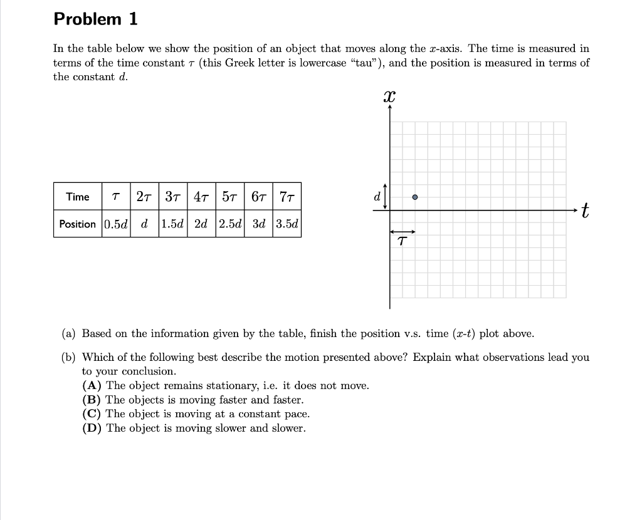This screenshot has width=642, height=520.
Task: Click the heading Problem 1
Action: (95, 19)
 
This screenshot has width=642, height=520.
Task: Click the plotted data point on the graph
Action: (415, 197)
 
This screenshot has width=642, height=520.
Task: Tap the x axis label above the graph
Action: (389, 96)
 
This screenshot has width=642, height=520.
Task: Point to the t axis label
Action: (584, 211)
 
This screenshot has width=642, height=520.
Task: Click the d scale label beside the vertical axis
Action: (376, 197)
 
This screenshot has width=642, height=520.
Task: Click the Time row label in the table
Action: (78, 197)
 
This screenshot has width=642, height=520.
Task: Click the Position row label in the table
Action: (78, 224)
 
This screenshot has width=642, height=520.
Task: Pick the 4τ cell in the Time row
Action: (201, 197)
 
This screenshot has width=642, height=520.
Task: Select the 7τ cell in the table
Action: (287, 197)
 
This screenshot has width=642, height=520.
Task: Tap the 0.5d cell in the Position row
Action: (116, 224)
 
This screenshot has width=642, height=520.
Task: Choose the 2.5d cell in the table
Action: (230, 224)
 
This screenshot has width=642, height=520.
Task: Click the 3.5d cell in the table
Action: (287, 224)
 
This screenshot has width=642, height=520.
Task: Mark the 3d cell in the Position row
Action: (258, 224)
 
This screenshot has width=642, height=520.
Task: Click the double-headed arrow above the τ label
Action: (403, 231)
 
